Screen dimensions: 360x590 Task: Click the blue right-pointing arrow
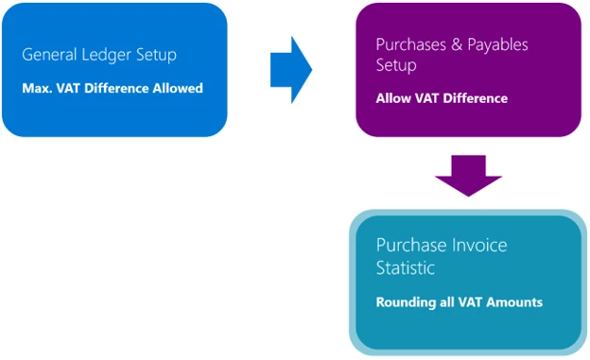pyautogui.click(x=291, y=67)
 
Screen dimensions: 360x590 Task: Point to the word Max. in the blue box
pyautogui.click(x=37, y=89)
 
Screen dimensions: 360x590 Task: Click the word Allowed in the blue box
pyautogui.click(x=177, y=89)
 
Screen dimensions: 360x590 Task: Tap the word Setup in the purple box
pyautogui.click(x=395, y=67)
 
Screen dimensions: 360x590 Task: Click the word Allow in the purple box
pyautogui.click(x=394, y=98)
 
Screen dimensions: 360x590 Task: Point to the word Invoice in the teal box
pyautogui.click(x=477, y=245)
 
